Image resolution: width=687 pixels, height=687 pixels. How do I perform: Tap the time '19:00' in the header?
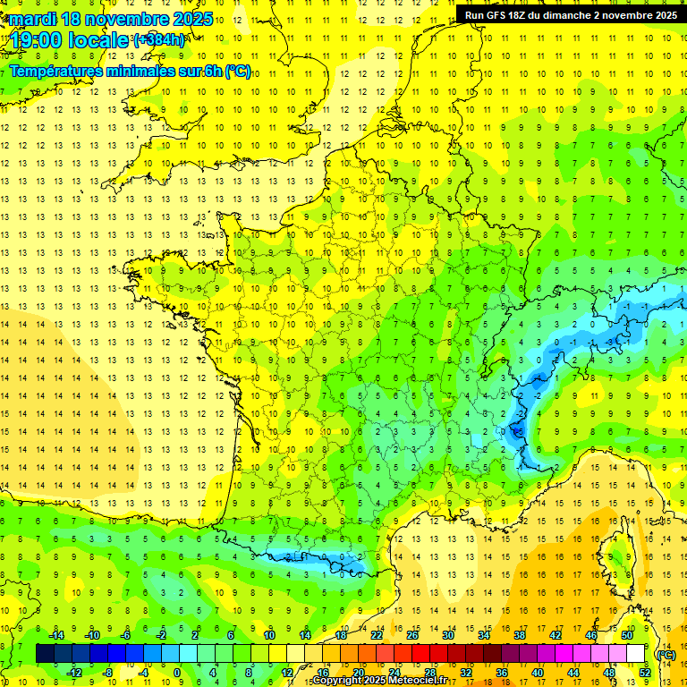pos(38,40)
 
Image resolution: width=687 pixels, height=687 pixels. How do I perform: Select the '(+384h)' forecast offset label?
pos(159,39)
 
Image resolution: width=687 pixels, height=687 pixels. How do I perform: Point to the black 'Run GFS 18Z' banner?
pos(571,14)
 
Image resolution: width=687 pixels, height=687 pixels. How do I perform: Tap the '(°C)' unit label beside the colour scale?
pos(665,654)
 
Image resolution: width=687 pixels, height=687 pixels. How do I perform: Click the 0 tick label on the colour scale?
pos(177,673)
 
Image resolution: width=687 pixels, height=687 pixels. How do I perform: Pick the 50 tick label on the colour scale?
pos(628,635)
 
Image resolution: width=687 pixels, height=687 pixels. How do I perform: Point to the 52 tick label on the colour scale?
pos(645,673)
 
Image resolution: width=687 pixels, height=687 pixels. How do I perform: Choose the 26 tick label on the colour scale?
pos(412,635)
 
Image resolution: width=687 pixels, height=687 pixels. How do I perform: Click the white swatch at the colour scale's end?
pos(636,654)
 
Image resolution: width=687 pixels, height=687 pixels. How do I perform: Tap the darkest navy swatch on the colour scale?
pos(45,654)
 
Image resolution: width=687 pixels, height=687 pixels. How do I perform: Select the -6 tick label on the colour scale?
pos(125,635)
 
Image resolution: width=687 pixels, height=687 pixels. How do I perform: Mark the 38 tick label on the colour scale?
pos(520,635)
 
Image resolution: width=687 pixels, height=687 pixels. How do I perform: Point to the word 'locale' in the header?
pos(102,40)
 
